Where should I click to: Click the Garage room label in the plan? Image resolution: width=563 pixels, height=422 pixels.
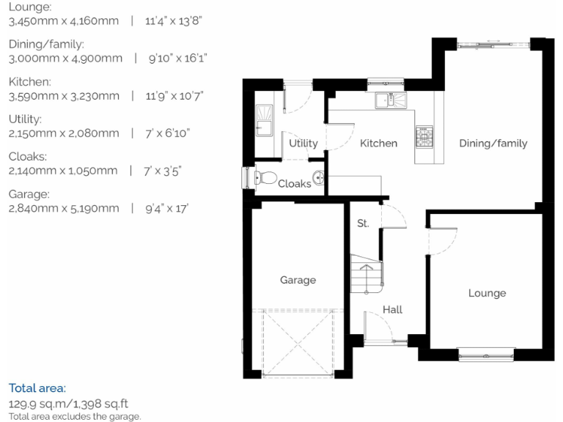pos(298,280)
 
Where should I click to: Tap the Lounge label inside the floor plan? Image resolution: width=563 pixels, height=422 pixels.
pos(487,293)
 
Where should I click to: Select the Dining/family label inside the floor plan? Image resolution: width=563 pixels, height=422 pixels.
pos(493,143)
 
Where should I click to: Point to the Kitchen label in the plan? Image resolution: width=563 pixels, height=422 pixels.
pos(378,143)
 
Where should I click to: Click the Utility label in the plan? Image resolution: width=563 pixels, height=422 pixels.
pos(303,143)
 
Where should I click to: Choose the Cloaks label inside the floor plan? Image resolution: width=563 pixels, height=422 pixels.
pos(294,184)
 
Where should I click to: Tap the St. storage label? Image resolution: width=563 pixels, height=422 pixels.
pos(363,223)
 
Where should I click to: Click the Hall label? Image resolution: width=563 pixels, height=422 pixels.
pos(392,310)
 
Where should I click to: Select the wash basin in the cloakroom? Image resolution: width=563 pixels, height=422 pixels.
pos(318,177)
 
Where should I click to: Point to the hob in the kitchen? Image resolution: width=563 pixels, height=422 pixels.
pos(424,136)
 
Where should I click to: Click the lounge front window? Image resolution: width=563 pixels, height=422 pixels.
pos(487,355)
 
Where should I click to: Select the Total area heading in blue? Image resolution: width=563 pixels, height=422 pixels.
pos(37,388)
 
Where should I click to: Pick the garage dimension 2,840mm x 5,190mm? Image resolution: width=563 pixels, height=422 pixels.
pos(64,209)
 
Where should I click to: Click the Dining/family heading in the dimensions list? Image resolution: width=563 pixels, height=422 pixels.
pos(46,44)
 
